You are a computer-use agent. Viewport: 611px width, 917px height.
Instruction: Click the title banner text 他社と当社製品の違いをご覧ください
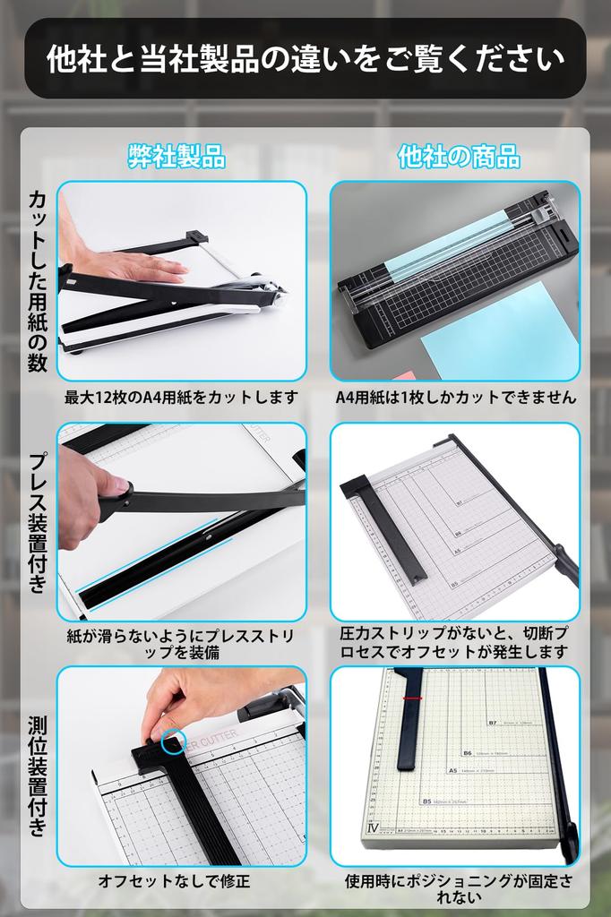point(305,58)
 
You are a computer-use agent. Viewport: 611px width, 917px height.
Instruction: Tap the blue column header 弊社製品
point(176,157)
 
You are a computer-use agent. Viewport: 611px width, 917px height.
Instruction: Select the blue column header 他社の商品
point(459,157)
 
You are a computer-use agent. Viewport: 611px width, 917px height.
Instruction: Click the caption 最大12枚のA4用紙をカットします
point(181,397)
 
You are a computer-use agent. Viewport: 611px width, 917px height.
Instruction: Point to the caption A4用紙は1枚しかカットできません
point(456,397)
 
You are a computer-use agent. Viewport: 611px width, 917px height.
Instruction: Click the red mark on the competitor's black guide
point(413,698)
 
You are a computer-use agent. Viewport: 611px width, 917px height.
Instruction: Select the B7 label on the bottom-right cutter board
point(493,722)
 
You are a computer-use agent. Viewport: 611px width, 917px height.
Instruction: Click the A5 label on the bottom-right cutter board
point(452,769)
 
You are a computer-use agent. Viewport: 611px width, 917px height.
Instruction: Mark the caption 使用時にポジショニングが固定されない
point(459,888)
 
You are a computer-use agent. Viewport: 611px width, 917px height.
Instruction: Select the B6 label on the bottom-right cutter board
point(468,752)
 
